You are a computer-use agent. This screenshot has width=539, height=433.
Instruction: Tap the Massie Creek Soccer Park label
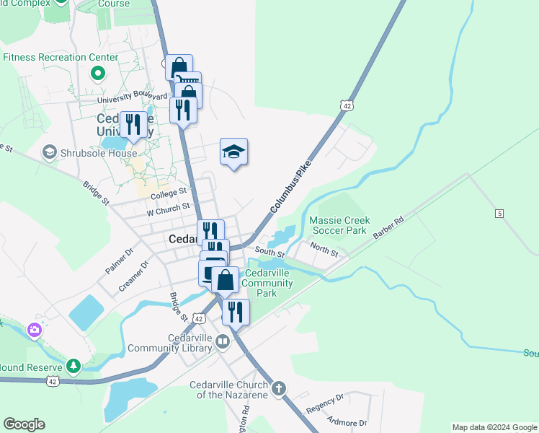[x=339, y=225]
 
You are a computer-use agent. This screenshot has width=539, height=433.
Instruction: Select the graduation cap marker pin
[x=233, y=152]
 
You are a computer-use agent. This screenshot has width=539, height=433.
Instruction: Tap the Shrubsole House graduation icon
[x=50, y=152]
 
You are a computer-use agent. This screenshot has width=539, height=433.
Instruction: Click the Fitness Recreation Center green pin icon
[x=97, y=73]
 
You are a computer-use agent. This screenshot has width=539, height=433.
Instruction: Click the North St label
[x=324, y=250]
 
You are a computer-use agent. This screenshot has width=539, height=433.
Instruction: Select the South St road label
[x=271, y=253]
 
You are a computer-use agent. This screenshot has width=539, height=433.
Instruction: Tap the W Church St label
[x=167, y=209]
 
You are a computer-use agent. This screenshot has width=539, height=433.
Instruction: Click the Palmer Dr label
[x=119, y=261]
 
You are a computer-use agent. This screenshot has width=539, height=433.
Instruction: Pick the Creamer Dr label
[x=134, y=276]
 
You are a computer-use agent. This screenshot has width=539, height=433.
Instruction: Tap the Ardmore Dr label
[x=347, y=420]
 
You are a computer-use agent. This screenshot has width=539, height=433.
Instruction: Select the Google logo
[x=24, y=424]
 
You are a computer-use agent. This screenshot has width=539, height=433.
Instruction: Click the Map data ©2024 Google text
[x=494, y=427]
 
